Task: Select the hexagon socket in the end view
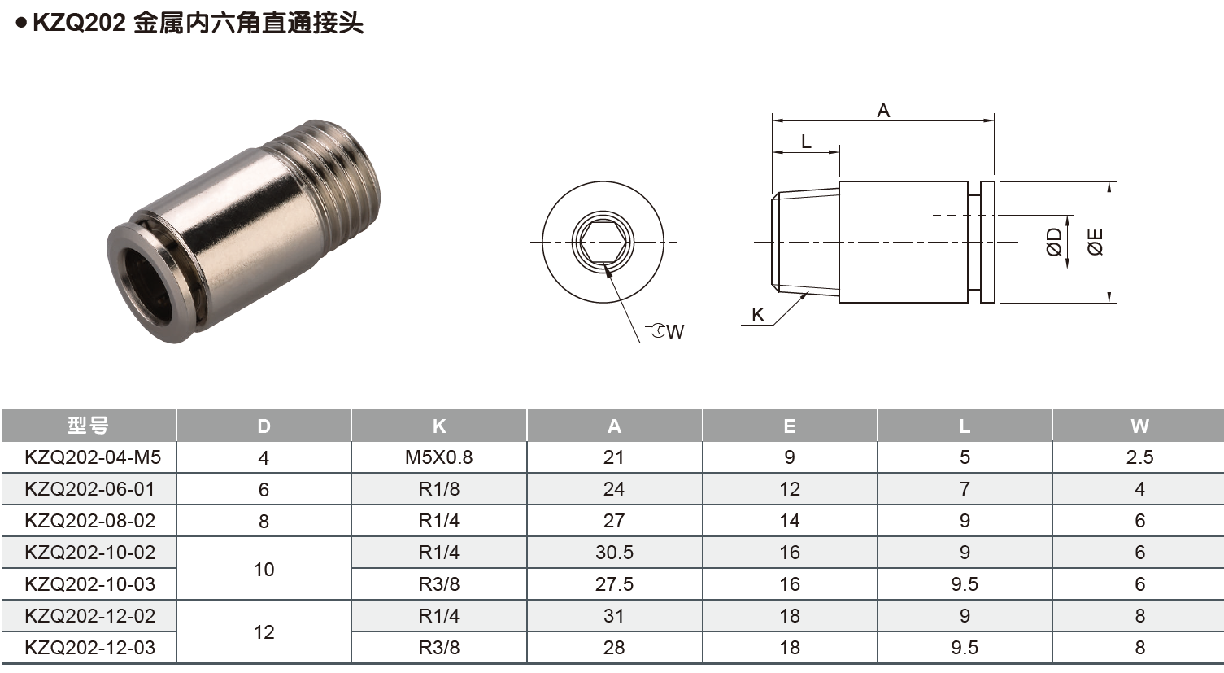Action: click(602, 243)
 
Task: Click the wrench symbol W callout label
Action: click(666, 331)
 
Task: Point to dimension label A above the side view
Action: click(883, 111)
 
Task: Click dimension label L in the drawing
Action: click(806, 142)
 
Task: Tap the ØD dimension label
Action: click(1054, 242)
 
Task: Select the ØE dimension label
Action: click(1096, 242)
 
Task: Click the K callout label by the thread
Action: click(758, 315)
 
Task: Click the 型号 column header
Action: click(88, 426)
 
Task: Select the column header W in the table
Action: click(1139, 426)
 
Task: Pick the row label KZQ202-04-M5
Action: click(93, 457)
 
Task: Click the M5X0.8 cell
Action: click(438, 457)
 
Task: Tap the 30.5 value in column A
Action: click(613, 553)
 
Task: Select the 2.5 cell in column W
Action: click(1139, 457)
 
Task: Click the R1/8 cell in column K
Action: click(438, 489)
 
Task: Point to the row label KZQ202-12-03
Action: click(89, 648)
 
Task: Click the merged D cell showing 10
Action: click(264, 569)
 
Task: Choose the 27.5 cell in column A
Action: click(613, 584)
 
